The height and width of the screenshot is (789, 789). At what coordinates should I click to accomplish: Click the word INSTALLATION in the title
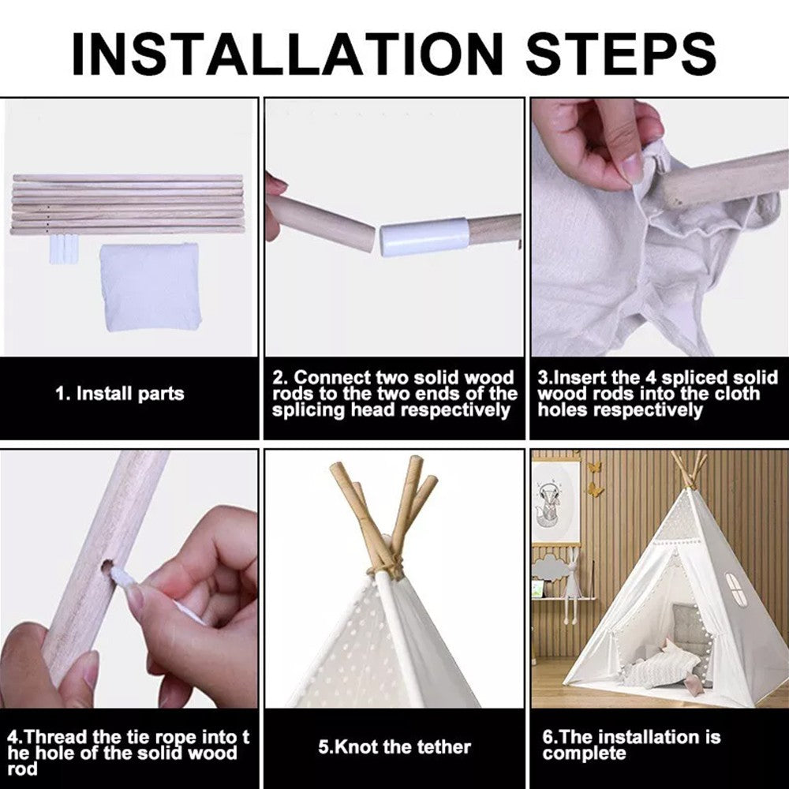point(288,54)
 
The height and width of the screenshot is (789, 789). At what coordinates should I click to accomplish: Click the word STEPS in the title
point(621,54)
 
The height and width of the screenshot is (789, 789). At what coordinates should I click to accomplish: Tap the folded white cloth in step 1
point(151,287)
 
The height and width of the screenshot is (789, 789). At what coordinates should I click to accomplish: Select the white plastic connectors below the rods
point(64,248)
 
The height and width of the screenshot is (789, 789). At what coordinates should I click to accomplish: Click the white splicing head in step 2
point(424,237)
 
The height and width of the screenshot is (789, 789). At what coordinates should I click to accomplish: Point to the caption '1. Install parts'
point(120,394)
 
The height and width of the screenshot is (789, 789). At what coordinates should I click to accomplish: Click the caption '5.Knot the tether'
point(394,746)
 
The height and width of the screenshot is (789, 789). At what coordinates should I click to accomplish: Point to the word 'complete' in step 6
point(584,753)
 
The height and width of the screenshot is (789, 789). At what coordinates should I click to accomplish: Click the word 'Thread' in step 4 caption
point(54,737)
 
